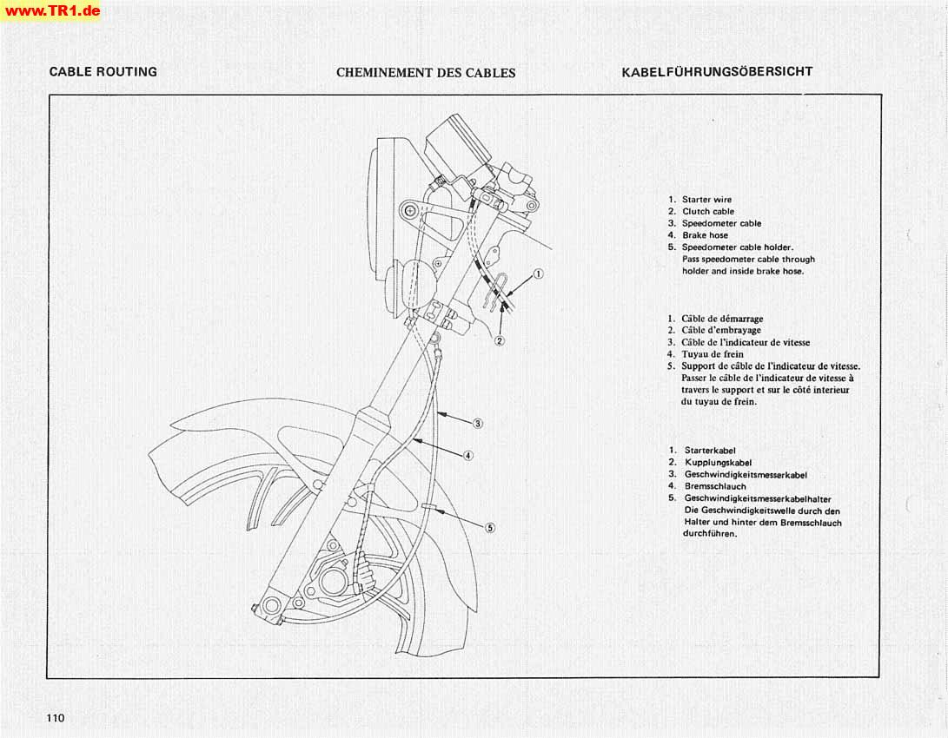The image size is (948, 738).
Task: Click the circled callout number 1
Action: click(x=539, y=274)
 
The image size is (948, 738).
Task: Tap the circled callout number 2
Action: click(x=500, y=340)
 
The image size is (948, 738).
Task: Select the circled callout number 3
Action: click(x=478, y=424)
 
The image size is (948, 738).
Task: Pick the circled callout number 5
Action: click(x=490, y=527)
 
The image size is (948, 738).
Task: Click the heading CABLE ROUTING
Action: click(x=103, y=72)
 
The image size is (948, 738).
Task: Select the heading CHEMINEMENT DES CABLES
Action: click(x=426, y=73)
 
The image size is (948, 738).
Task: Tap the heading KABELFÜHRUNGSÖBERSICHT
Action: click(x=717, y=72)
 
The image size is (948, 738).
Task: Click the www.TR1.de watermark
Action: click(x=51, y=10)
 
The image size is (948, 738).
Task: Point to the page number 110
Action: click(x=56, y=718)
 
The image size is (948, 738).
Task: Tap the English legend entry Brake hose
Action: click(x=705, y=235)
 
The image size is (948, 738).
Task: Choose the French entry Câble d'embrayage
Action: click(x=720, y=330)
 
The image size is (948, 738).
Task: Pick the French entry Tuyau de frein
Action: click(x=712, y=354)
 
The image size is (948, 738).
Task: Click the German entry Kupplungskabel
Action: click(x=718, y=463)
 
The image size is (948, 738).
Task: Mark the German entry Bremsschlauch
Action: click(x=715, y=487)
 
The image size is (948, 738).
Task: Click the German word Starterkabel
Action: click(x=710, y=451)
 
